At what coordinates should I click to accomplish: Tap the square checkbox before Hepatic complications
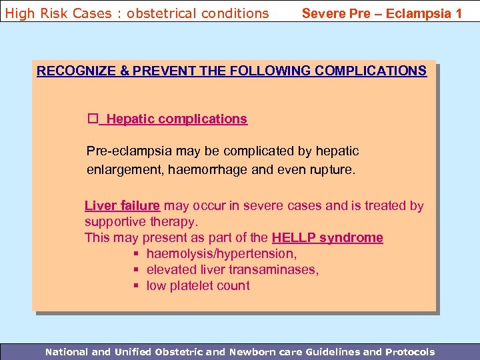(93, 119)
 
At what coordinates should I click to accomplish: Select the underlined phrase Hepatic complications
(177, 119)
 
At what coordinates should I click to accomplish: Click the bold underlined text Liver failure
(122, 206)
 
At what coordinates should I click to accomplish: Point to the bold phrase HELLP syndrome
(327, 237)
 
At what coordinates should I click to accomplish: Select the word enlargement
(123, 169)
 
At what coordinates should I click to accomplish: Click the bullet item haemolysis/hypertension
(221, 253)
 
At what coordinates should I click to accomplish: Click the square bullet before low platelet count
(135, 286)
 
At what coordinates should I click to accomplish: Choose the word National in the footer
(66, 351)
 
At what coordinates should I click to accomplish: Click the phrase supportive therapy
(141, 221)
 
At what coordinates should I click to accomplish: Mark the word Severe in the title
(322, 13)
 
